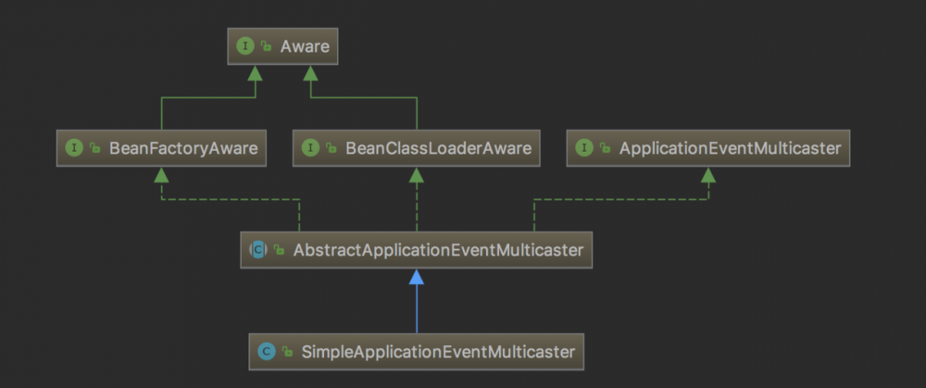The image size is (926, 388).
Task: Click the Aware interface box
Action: pos(282,45)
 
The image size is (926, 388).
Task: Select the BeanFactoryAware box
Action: pos(161,148)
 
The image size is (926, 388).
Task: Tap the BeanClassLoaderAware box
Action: pos(416,148)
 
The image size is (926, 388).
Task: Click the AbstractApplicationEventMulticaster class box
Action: pos(416,249)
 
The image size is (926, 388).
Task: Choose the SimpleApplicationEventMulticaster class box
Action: pos(417,351)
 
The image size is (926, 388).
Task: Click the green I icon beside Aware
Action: pos(245,45)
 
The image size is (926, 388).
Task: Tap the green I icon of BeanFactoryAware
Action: pos(73,148)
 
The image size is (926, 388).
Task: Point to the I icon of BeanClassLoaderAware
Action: pos(310,148)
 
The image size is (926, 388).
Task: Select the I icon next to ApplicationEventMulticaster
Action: pos(584,148)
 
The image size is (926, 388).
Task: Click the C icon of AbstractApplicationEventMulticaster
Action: pos(258,249)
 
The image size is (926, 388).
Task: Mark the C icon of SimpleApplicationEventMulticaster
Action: pos(267,352)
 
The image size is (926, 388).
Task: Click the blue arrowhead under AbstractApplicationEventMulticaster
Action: pos(417,277)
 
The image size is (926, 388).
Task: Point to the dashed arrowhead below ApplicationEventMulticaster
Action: pos(708,174)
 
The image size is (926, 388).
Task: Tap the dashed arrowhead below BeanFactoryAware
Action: pos(161,174)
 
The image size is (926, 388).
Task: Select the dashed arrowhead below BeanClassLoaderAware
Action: pos(417,174)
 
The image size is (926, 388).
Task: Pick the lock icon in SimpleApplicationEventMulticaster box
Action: pos(287,352)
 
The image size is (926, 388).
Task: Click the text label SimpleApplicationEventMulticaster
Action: pos(439,352)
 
